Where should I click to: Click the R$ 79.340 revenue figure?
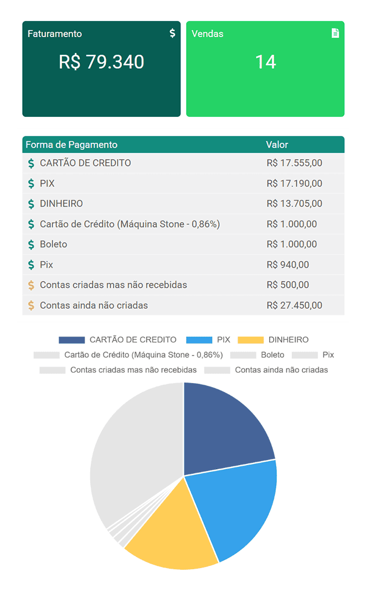101,62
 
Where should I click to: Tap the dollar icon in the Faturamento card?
172,33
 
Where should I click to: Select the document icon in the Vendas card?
335,33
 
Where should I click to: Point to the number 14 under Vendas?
265,62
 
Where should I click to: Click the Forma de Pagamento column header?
71,145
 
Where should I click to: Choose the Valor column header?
277,145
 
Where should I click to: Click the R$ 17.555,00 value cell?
294,163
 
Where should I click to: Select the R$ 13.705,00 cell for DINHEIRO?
294,204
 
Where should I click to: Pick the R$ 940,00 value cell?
288,265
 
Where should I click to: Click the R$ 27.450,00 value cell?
294,305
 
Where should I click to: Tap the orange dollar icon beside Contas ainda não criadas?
31,305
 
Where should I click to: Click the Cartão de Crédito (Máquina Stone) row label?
130,224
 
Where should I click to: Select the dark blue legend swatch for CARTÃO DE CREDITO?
71,340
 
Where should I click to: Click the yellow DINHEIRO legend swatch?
251,340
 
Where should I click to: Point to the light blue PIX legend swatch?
199,340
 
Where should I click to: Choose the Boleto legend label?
272,355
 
